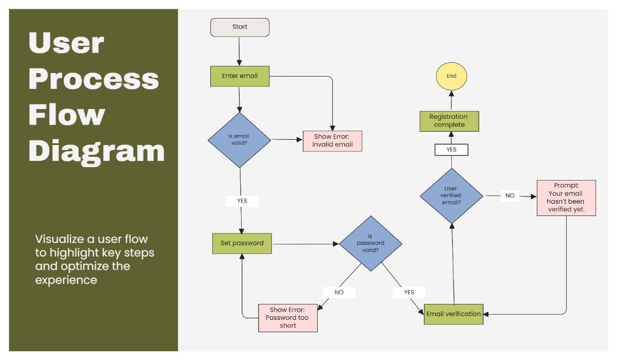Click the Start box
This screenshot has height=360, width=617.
coord(240,27)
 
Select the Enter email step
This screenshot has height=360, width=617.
coord(240,76)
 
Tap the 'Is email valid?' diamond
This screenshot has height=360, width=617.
coord(239,139)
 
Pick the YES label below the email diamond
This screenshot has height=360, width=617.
coord(242,201)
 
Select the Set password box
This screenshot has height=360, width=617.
coord(242,243)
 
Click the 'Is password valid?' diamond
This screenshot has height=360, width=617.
coord(370,244)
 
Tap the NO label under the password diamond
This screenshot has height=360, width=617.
coord(339,292)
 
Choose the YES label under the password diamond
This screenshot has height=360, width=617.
coord(409,292)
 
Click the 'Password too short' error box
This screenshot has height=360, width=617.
coord(288,317)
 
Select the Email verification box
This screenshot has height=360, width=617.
coord(453,314)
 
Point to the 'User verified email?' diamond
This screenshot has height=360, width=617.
coord(451,195)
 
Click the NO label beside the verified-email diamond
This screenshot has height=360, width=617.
coord(510,195)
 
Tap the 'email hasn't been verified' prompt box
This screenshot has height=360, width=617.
coord(566,198)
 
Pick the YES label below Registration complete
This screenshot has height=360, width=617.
coord(451,149)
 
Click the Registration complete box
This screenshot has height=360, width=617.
coord(449,121)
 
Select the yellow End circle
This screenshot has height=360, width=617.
coord(451,76)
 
